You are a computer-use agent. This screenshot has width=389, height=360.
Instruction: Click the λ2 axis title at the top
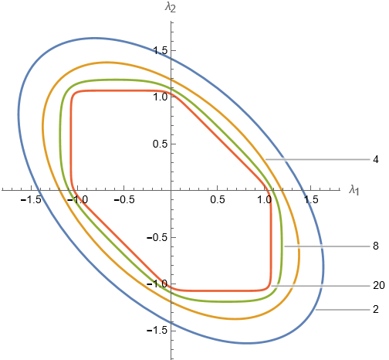(171, 7)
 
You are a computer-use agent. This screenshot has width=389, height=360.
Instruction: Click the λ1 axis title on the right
(354, 191)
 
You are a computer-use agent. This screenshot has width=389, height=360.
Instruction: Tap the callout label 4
(376, 160)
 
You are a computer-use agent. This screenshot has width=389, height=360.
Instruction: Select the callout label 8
(376, 246)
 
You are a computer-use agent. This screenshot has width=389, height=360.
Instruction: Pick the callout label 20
(379, 285)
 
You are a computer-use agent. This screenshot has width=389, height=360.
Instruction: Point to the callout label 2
(376, 309)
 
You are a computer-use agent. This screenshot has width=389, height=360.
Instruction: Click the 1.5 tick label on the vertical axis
(161, 50)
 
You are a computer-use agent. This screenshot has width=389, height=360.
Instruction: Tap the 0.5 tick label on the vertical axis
(161, 144)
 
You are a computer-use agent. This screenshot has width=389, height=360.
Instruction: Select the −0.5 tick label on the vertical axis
(157, 237)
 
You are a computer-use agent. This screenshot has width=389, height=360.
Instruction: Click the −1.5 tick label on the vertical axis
(157, 331)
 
